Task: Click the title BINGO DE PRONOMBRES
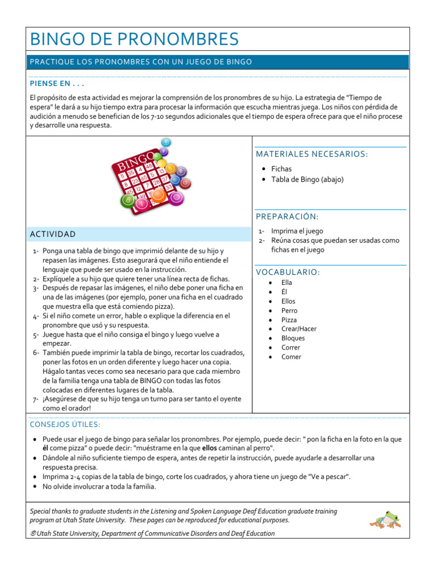134,40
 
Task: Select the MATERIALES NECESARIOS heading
312,154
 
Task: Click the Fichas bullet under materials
282,169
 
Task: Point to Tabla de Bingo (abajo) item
307,180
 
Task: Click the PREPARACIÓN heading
287,217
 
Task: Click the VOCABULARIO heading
288,272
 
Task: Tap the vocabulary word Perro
289,310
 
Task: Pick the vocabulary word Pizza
289,320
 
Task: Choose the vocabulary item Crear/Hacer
298,329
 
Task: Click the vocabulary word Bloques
293,338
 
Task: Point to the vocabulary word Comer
291,357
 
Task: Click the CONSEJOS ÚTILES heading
65,424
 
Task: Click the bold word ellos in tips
210,448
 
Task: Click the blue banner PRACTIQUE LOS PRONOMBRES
141,62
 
